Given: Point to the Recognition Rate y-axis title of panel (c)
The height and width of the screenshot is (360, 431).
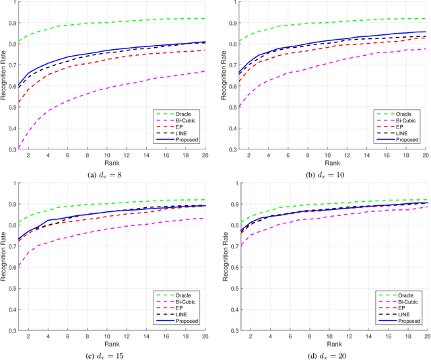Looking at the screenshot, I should click(8, 256).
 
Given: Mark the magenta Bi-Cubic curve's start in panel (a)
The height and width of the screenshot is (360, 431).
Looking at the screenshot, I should click(20, 146).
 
